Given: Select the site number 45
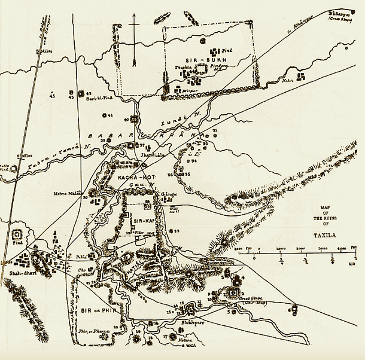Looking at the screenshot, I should (52, 96).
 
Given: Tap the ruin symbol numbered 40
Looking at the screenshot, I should (135, 118).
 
